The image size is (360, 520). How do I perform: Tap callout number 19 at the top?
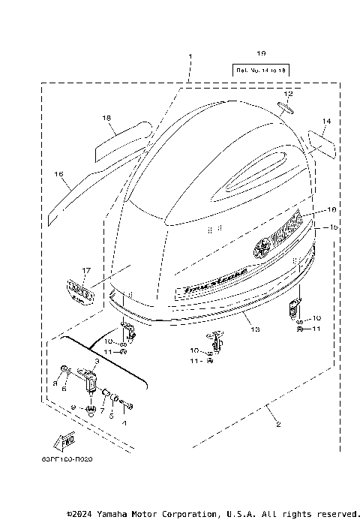[261, 53]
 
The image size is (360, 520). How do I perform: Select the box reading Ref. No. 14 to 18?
[261, 70]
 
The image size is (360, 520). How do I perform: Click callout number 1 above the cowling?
[190, 56]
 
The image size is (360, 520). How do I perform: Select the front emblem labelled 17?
[79, 290]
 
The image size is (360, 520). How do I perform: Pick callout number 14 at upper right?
[325, 120]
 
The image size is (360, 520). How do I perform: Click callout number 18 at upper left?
[107, 118]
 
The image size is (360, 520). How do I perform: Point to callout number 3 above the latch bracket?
[97, 362]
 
